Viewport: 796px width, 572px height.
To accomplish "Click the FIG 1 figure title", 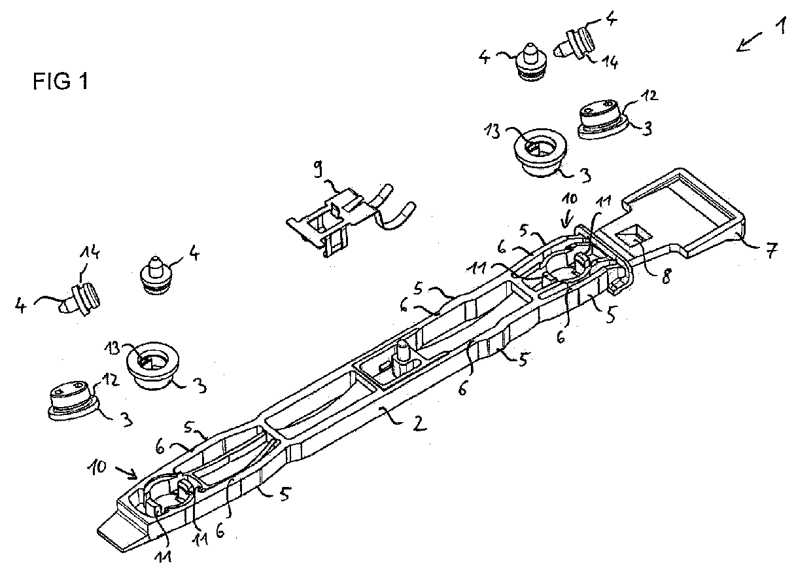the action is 60,81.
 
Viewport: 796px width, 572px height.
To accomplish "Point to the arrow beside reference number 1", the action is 749,43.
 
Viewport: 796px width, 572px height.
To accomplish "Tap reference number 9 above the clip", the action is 319,168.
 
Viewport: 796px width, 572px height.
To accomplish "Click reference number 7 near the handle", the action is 770,250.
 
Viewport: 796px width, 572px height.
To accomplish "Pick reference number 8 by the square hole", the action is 666,276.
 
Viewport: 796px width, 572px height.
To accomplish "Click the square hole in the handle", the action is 634,237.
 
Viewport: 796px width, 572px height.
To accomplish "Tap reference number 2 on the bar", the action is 419,423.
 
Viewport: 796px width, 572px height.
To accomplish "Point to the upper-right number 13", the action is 492,131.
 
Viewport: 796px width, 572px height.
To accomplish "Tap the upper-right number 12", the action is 649,96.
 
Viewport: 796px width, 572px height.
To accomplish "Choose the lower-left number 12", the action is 110,381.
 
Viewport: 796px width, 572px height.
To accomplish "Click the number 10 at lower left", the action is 97,467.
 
